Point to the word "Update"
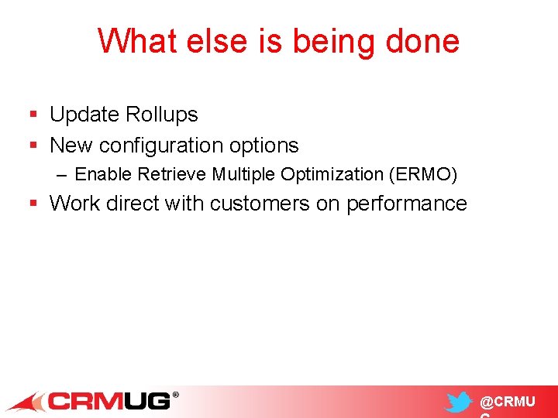84,115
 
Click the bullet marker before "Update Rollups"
33,115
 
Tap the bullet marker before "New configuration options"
33,146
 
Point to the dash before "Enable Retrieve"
62,175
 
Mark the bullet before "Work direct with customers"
33,204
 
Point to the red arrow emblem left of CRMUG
25,402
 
